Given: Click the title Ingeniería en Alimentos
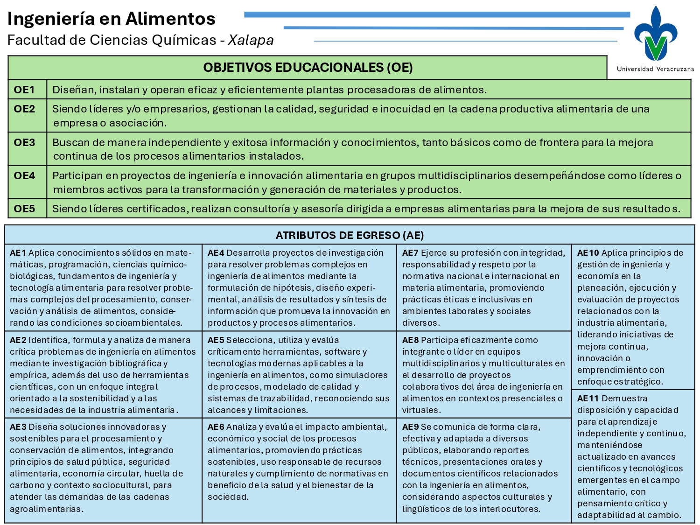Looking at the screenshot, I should tap(112, 19).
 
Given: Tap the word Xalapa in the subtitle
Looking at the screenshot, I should tap(251, 40).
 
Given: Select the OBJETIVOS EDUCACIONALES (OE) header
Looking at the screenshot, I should tap(308, 68).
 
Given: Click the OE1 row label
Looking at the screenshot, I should tap(24, 90).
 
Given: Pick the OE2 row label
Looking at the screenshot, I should tap(24, 109).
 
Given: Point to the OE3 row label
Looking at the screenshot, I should tap(24, 142).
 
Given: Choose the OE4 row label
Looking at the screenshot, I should tap(24, 175).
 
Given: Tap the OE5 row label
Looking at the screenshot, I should tap(24, 209).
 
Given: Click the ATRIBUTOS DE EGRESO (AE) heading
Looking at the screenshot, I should tap(350, 235).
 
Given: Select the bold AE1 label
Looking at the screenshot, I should tap(18, 253).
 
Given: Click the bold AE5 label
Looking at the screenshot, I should tap(216, 340).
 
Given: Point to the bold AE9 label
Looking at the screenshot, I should tap(411, 427).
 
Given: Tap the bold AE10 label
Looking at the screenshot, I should tap(588, 253).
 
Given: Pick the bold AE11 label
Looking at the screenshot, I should tap(588, 399).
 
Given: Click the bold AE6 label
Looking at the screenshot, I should tap(216, 427).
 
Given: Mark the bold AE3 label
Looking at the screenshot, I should tap(18, 427).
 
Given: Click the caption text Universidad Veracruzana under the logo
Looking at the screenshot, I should tap(655, 69).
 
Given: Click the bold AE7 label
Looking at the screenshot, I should tap(411, 253).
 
